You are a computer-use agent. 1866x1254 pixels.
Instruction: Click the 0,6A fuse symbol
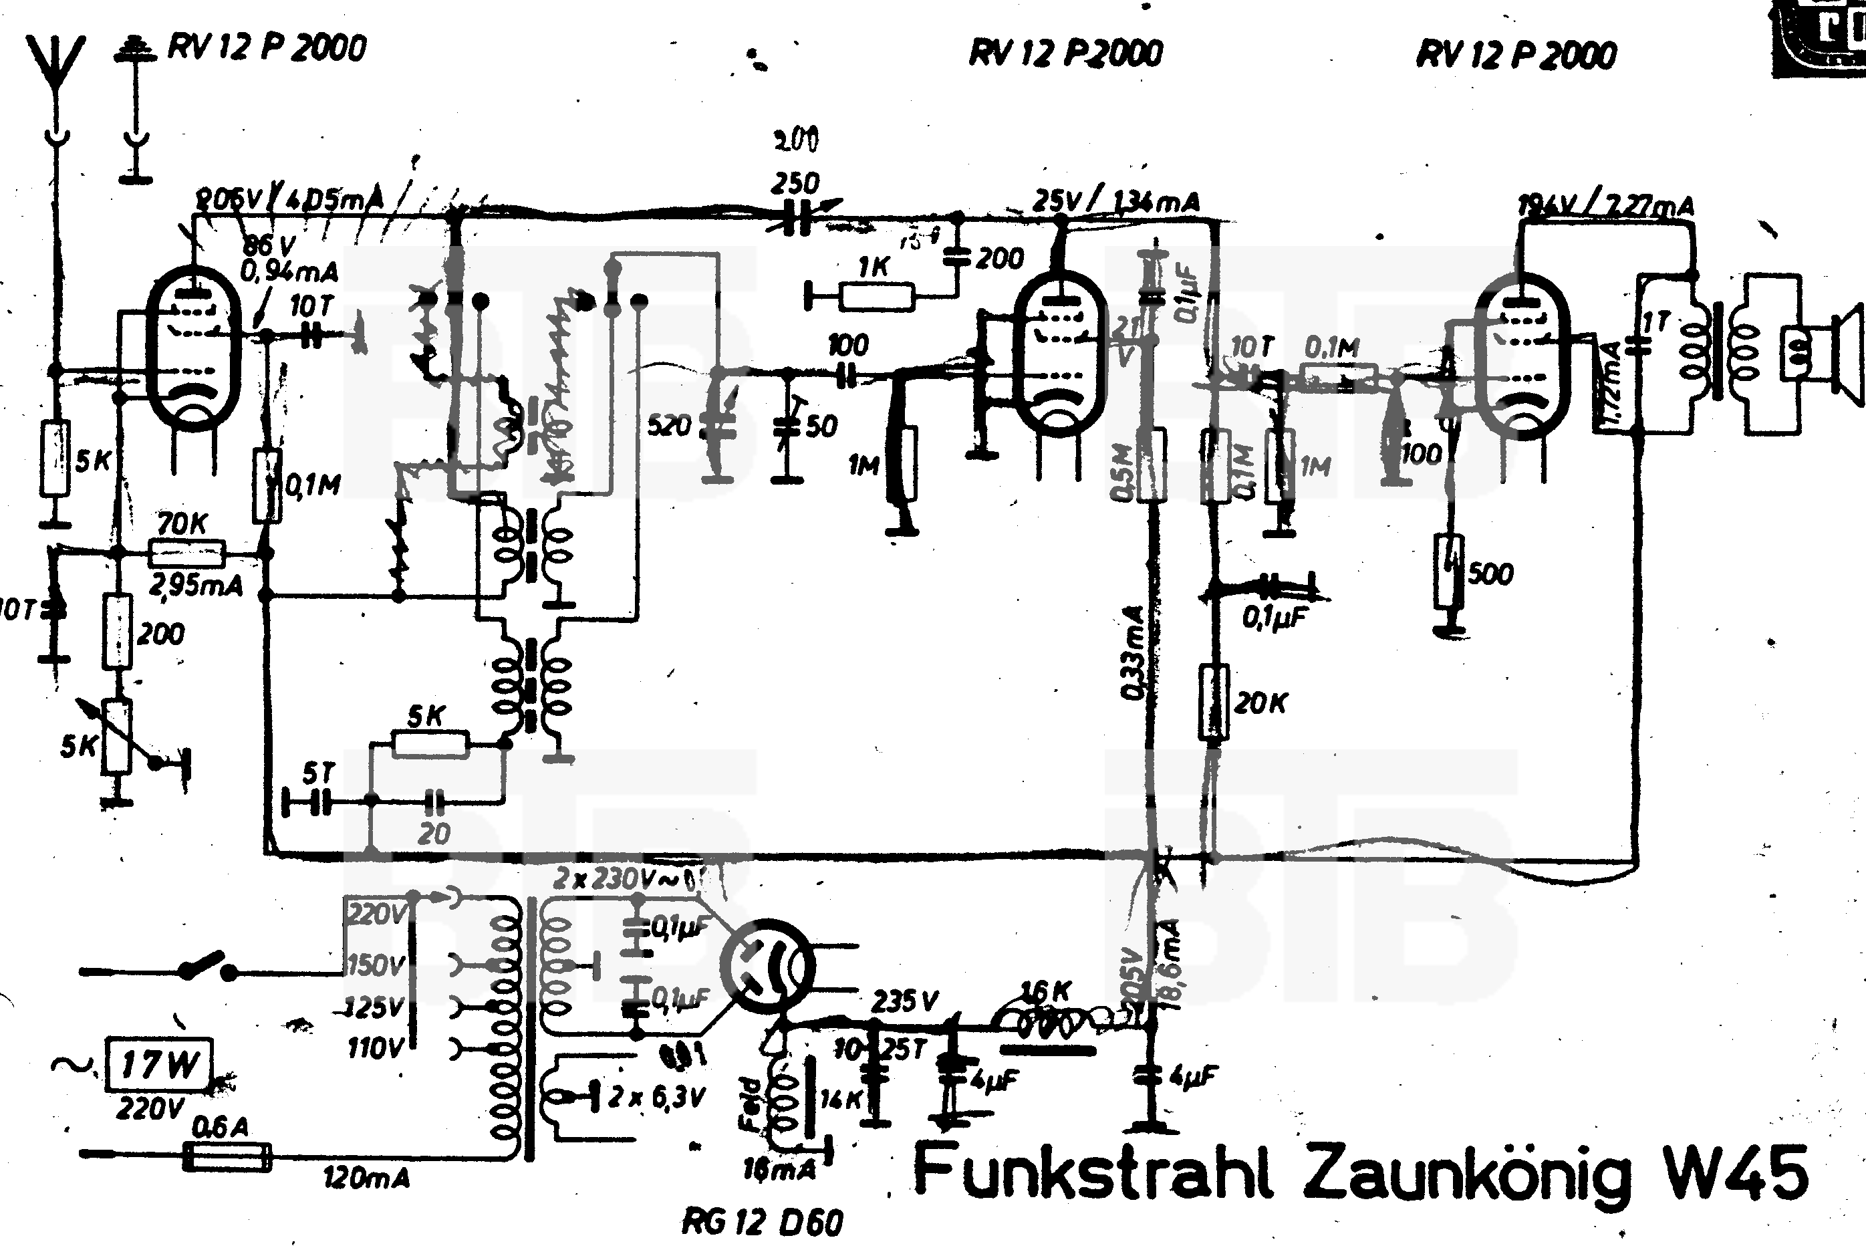227,1156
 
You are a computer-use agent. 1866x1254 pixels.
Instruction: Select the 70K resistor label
182,525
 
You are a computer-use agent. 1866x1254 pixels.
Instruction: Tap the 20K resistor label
1260,703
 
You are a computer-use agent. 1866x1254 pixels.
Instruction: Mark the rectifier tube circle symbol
766,965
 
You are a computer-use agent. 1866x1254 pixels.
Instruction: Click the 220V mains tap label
375,912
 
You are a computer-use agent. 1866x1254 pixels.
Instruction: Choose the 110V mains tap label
375,1047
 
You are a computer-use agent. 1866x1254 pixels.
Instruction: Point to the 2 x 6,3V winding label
656,1098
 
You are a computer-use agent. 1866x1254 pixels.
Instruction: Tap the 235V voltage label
904,1001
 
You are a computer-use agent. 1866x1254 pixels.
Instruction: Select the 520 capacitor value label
669,425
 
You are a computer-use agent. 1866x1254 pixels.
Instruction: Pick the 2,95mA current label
196,585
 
